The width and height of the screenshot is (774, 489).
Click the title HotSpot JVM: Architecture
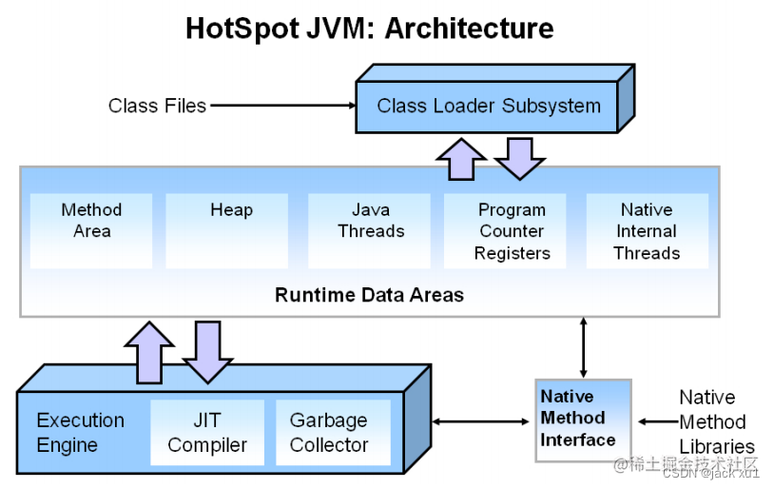pyautogui.click(x=369, y=29)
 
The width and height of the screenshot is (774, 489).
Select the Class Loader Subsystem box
pyautogui.click(x=489, y=106)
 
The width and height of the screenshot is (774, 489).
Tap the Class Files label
pyautogui.click(x=157, y=106)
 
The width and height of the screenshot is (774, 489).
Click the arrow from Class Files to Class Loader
pyautogui.click(x=281, y=106)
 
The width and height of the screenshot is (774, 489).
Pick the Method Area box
pyautogui.click(x=91, y=230)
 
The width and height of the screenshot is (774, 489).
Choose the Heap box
pyautogui.click(x=231, y=230)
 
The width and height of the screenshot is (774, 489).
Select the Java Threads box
pyautogui.click(x=371, y=230)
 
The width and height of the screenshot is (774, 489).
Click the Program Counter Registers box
pyautogui.click(x=512, y=231)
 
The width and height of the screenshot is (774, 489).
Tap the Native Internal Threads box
pyautogui.click(x=647, y=231)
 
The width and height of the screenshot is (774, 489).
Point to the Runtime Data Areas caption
pyautogui.click(x=369, y=295)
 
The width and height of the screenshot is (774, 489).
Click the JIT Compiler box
pyautogui.click(x=207, y=433)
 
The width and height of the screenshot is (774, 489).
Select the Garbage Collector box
pyautogui.click(x=329, y=433)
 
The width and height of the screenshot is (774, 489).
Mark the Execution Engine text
pyautogui.click(x=80, y=433)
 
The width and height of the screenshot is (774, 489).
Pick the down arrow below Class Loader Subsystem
pyautogui.click(x=520, y=158)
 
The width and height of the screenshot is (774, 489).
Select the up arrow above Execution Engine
pyautogui.click(x=149, y=351)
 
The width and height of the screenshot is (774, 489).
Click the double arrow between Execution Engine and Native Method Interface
pyautogui.click(x=483, y=421)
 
